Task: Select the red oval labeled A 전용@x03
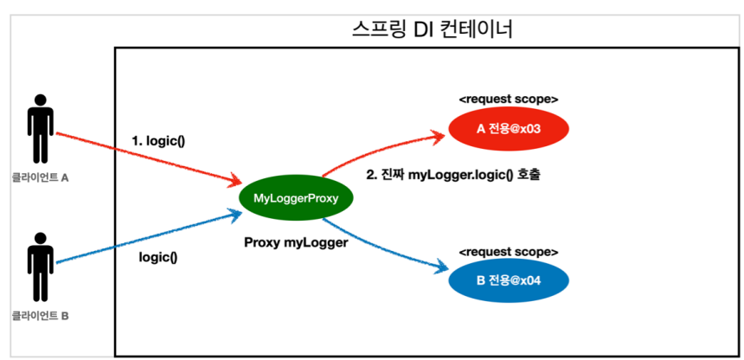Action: point(508,130)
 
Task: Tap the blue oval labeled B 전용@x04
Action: point(508,280)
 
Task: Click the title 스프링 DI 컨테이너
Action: point(433,29)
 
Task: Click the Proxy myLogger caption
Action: point(296,243)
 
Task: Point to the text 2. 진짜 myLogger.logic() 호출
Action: point(459,174)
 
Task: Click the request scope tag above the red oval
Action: point(508,99)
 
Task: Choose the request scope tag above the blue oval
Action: point(508,251)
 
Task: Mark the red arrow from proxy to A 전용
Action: point(381,145)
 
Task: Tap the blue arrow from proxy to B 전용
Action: point(389,247)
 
